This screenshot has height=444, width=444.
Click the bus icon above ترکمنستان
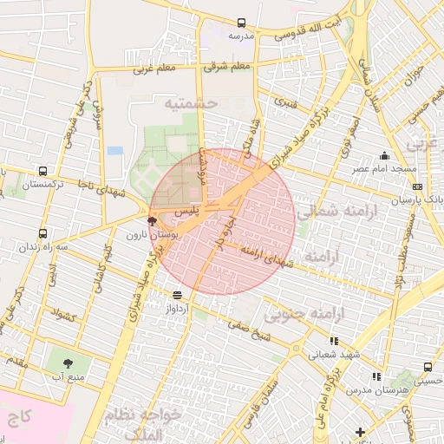pyautogui.click(x=43, y=172)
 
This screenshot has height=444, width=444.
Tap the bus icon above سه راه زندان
pyautogui.click(x=43, y=233)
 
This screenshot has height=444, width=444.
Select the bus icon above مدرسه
pyautogui.click(x=240, y=23)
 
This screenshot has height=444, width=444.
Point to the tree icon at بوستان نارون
pyautogui.click(x=153, y=222)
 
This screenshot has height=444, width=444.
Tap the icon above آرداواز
pyautogui.click(x=177, y=295)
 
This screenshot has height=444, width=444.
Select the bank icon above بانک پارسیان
pyautogui.click(x=418, y=186)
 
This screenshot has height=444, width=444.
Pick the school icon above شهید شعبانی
pyautogui.click(x=314, y=342)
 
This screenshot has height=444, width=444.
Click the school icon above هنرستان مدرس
pyautogui.click(x=375, y=376)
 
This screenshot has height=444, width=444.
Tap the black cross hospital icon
pyautogui.click(x=360, y=431)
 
